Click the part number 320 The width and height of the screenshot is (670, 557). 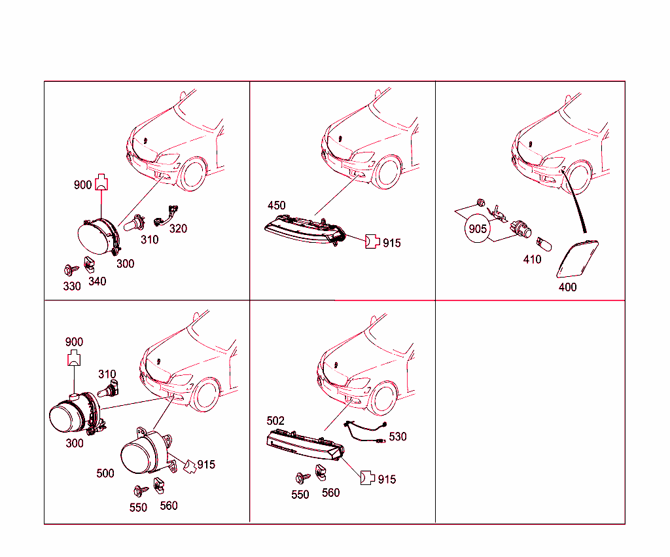pyautogui.click(x=178, y=228)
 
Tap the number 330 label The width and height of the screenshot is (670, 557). pyautogui.click(x=72, y=286)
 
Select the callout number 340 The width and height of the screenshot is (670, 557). pyautogui.click(x=97, y=281)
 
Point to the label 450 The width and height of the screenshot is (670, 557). pyautogui.click(x=277, y=206)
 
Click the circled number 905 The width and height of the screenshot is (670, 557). pyautogui.click(x=477, y=229)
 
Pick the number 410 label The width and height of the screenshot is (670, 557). pyautogui.click(x=532, y=259)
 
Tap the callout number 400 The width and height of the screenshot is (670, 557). pyautogui.click(x=567, y=287)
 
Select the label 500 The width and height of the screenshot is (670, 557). pyautogui.click(x=105, y=473)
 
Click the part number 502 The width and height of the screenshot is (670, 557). pyautogui.click(x=275, y=421)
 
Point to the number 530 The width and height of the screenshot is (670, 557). pyautogui.click(x=398, y=437)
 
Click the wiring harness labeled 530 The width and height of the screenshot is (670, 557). pyautogui.click(x=365, y=432)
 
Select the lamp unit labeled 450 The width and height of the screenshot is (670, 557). pyautogui.click(x=305, y=230)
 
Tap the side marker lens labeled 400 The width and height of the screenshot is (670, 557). pyautogui.click(x=577, y=259)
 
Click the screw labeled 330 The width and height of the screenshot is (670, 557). pyautogui.click(x=71, y=270)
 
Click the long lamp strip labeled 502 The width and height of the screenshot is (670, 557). pyautogui.click(x=305, y=445)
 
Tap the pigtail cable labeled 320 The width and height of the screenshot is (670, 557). pyautogui.click(x=166, y=215)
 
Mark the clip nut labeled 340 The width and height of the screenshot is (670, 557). pyautogui.click(x=89, y=264)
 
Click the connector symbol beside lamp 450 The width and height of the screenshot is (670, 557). pyautogui.click(x=372, y=242)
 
